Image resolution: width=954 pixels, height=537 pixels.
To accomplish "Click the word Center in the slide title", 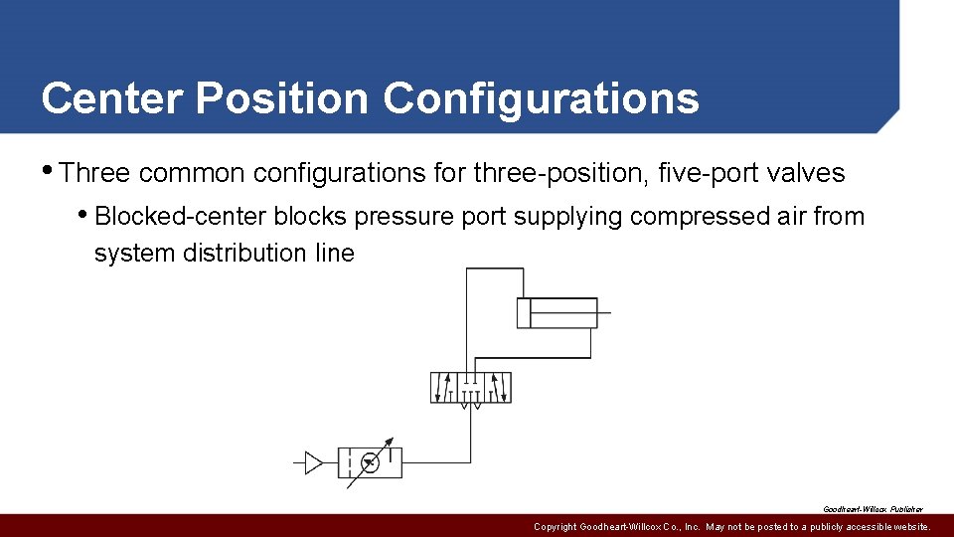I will click(x=111, y=98).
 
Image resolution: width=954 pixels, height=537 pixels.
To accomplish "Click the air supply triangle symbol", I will click(x=314, y=462).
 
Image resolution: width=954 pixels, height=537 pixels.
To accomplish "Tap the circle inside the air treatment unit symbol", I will click(x=370, y=462).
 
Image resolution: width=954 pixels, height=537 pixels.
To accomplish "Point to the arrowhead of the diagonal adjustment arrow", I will click(x=390, y=442).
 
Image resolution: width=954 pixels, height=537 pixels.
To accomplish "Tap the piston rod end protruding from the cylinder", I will click(x=605, y=312).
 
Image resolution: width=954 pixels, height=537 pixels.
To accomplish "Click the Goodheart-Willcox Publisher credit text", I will click(x=872, y=508).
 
